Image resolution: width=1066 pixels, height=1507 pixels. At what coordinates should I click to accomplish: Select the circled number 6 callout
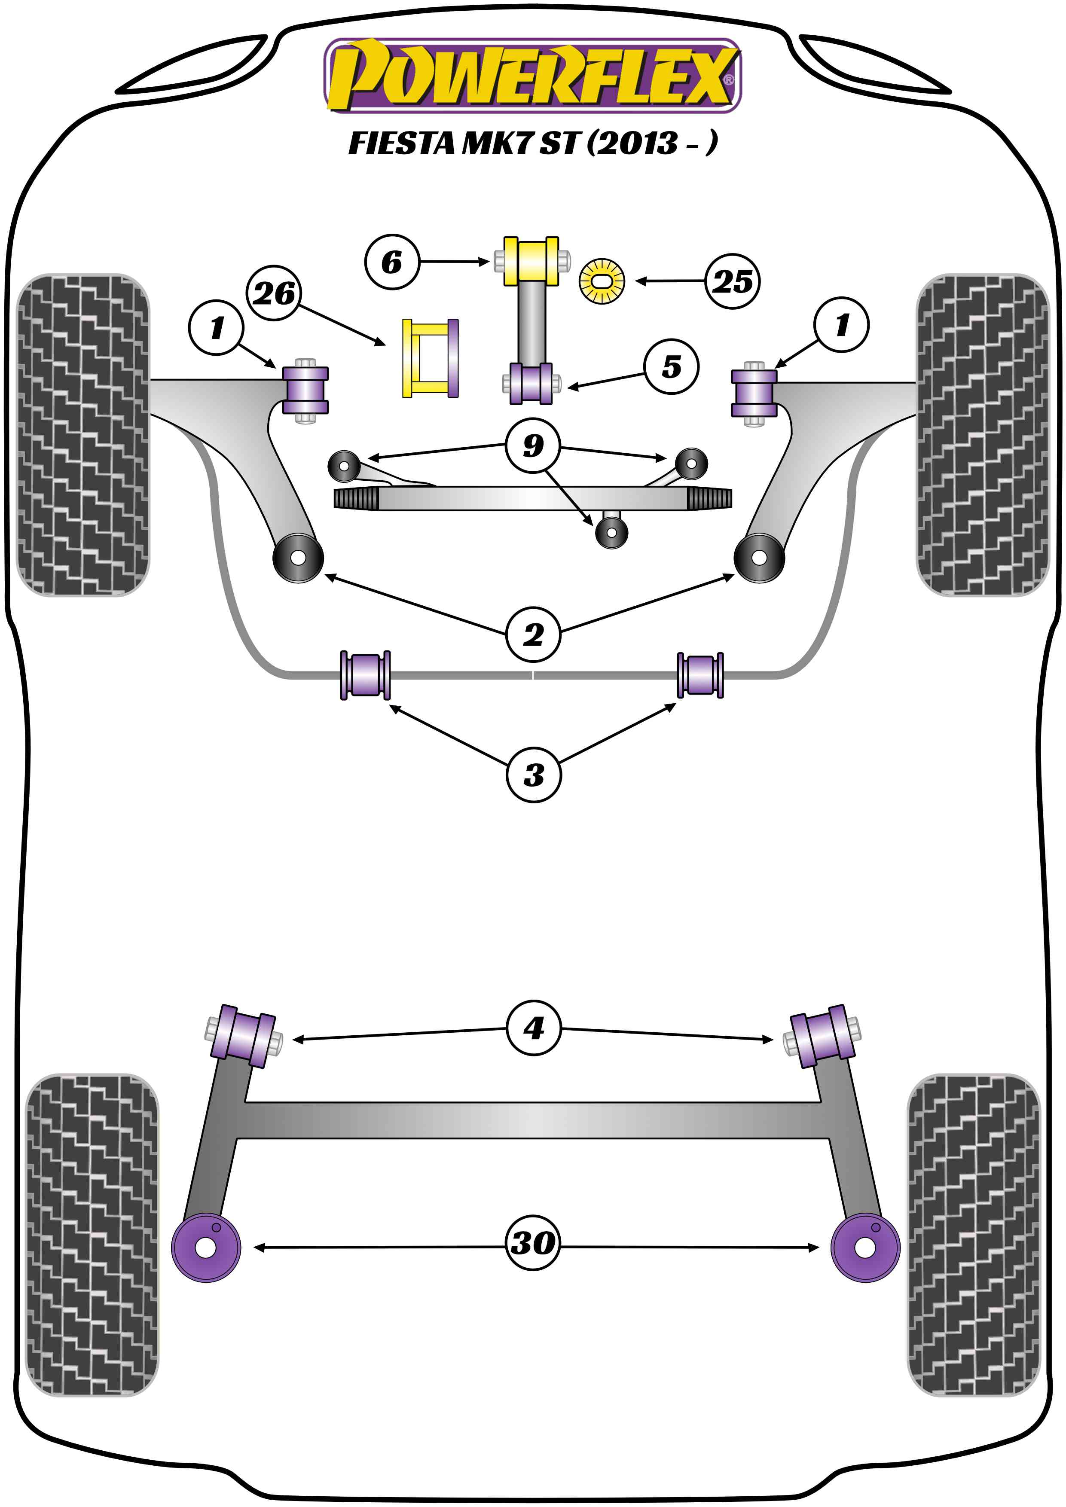(x=391, y=262)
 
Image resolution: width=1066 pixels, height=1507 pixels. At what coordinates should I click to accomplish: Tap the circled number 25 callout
(x=733, y=281)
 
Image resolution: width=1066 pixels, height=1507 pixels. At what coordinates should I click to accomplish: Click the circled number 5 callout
(x=671, y=366)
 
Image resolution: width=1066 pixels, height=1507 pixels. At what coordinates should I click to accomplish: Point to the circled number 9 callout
(x=533, y=445)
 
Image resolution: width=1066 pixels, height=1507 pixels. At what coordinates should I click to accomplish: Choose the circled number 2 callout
(x=533, y=634)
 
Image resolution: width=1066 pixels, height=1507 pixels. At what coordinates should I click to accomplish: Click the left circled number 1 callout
(x=216, y=327)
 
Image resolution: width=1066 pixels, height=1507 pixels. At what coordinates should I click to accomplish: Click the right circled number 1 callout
(x=841, y=324)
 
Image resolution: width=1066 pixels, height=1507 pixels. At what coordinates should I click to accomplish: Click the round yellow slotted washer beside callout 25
(x=601, y=281)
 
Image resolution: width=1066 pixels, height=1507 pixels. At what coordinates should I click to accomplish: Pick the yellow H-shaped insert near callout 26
(x=430, y=358)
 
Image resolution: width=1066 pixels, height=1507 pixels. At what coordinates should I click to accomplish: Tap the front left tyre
(x=82, y=434)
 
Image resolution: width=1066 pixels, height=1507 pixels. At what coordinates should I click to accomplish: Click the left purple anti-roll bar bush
(x=366, y=675)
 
